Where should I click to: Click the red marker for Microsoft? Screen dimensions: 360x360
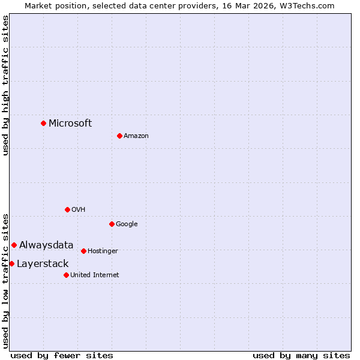43,123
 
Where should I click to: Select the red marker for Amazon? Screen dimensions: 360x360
119,136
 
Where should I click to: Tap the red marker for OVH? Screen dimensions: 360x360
67,209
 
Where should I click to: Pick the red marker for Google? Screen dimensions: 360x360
112,224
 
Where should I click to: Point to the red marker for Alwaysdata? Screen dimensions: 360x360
14,245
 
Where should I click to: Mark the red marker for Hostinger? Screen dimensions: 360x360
83,251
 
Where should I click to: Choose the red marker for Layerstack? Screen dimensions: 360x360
11,263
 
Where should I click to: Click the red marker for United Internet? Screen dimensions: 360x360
66,275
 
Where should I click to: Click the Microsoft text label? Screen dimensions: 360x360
70,124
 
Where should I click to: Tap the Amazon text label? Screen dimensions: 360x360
136,136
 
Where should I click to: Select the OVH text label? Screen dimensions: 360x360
79,210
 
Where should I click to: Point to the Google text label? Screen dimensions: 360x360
127,224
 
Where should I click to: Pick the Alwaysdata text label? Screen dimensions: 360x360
46,245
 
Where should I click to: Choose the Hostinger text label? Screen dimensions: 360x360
103,251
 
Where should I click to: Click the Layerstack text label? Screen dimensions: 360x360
43,264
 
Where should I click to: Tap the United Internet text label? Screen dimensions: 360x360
95,275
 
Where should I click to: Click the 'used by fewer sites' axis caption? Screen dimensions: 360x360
62,355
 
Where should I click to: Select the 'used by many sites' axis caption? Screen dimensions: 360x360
301,355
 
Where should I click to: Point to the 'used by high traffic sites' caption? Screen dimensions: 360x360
6,85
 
